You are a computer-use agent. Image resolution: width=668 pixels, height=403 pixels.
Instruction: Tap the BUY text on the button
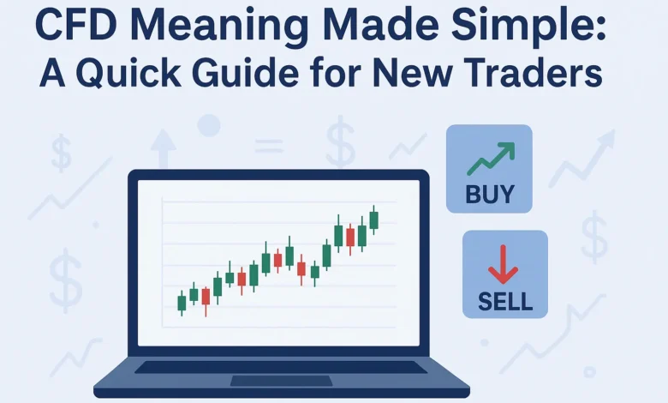(x=489, y=194)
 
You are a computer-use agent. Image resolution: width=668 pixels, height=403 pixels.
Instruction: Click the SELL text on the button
(x=504, y=301)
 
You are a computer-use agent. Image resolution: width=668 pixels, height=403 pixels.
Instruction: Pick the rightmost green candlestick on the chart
(x=373, y=218)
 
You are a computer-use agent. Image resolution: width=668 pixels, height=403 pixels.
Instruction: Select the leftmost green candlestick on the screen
(x=182, y=302)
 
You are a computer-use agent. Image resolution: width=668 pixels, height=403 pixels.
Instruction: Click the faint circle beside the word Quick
(x=209, y=126)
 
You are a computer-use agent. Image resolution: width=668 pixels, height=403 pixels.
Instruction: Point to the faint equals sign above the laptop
(x=269, y=147)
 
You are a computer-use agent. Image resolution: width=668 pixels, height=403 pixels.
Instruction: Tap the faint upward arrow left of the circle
(x=163, y=149)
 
